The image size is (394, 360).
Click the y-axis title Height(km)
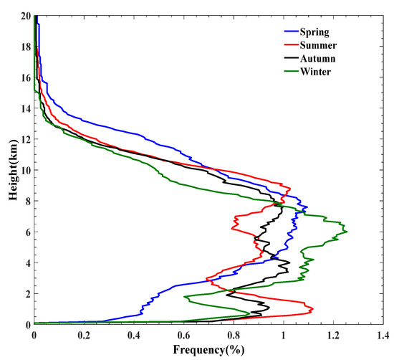(9, 169)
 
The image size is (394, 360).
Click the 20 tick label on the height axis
(24, 16)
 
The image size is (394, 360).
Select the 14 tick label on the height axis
(24, 108)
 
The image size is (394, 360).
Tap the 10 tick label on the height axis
(24, 170)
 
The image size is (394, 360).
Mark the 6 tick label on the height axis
(27, 232)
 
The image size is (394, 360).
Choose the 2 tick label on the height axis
(27, 293)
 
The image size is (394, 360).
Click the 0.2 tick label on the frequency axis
(84, 334)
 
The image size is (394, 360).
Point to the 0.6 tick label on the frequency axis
(183, 334)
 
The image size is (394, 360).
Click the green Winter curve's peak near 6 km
(347, 231)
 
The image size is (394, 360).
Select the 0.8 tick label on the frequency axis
(234, 334)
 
